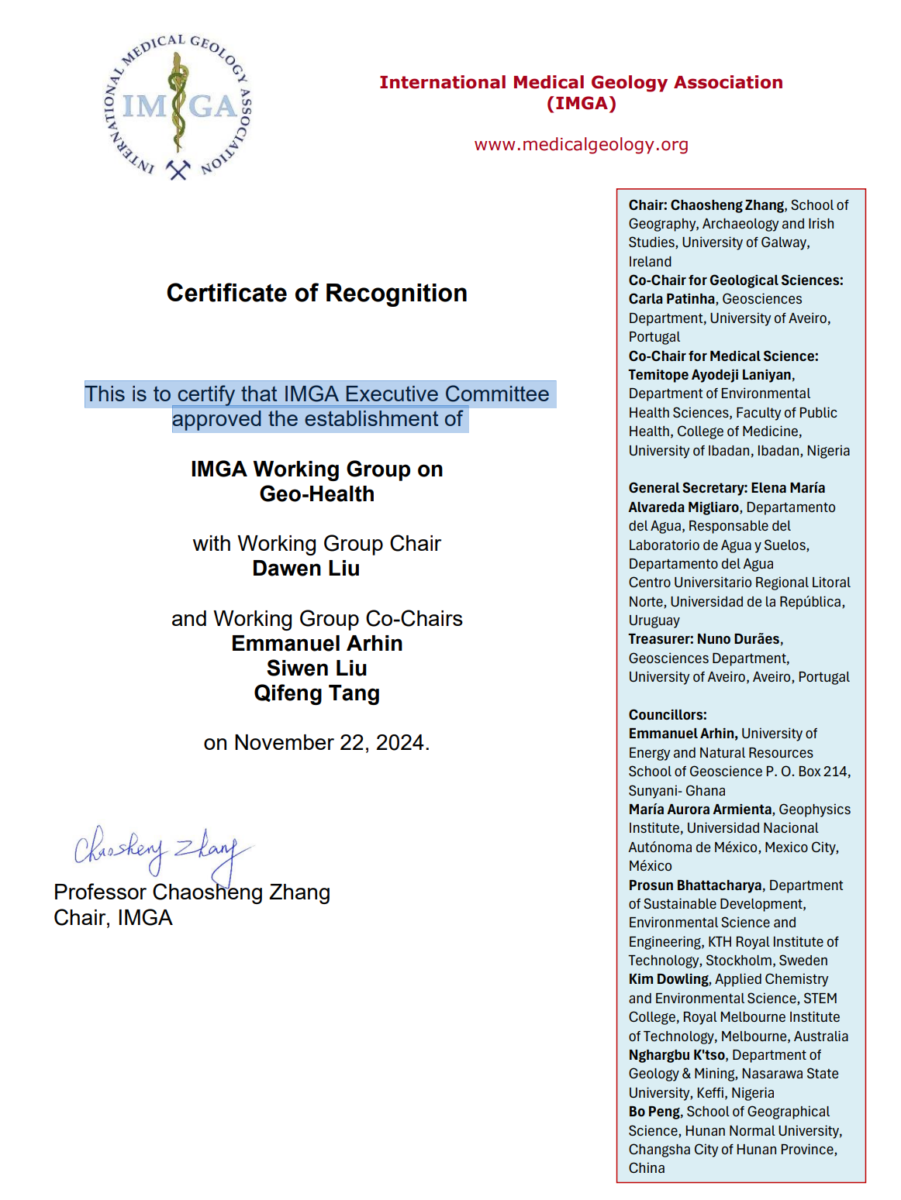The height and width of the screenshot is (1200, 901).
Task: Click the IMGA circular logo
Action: click(178, 107)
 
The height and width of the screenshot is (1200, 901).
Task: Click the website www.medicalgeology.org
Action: click(581, 145)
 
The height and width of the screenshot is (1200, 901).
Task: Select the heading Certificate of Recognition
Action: click(316, 293)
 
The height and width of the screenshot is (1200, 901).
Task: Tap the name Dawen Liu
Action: click(306, 569)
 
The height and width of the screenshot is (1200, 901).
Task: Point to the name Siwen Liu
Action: click(316, 668)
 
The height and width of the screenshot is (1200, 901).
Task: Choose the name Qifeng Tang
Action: click(316, 693)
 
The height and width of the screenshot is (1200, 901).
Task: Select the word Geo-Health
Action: click(316, 494)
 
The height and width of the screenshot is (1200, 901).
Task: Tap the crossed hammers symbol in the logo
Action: click(178, 169)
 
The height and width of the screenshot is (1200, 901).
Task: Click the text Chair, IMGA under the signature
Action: click(113, 918)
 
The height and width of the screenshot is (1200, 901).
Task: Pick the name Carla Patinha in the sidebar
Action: click(671, 299)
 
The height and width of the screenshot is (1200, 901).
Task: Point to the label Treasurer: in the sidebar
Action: click(661, 639)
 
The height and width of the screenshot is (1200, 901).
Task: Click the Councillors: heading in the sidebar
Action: click(668, 715)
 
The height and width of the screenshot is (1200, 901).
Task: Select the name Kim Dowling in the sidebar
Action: click(668, 979)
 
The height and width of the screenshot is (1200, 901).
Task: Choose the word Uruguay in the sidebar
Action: click(654, 621)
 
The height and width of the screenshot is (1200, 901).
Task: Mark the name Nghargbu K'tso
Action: click(676, 1055)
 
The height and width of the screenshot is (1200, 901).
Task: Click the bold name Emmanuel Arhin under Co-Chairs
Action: click(316, 644)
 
